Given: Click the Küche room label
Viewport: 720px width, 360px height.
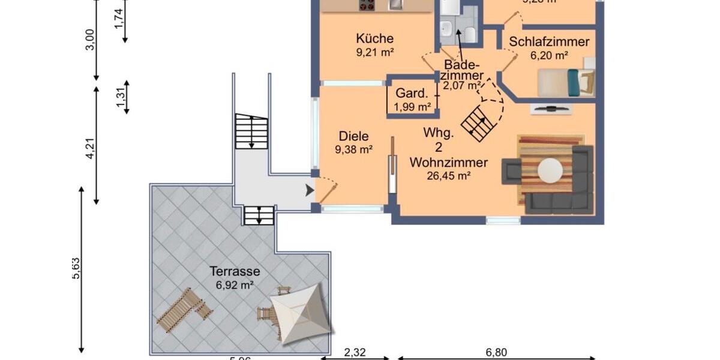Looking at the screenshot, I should [374, 39].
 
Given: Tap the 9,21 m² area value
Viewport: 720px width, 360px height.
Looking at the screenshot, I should [374, 53].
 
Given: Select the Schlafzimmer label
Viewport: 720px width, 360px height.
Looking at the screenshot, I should [549, 42].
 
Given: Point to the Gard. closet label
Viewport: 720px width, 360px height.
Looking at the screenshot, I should [412, 94].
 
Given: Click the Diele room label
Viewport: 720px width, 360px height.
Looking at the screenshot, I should [353, 136].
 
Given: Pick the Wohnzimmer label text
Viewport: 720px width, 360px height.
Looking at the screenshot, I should [448, 163].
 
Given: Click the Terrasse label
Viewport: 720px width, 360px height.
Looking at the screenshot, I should [234, 271].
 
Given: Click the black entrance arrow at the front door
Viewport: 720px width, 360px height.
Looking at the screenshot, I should [310, 191].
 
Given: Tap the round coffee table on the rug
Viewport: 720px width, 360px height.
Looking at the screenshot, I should [550, 170].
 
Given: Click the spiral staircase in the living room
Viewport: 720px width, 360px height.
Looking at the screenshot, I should [480, 122].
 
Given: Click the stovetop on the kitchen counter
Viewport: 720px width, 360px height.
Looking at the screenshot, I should [366, 5].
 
